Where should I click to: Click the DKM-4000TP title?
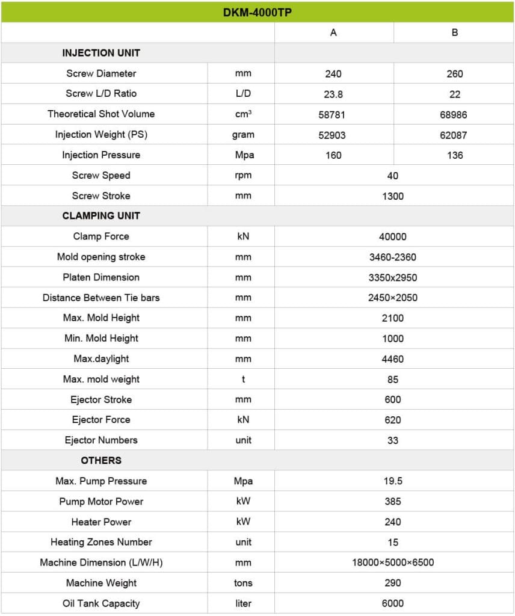click(257, 12)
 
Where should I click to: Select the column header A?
click(333, 32)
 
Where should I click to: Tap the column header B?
click(455, 32)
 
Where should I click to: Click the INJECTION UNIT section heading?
click(101, 53)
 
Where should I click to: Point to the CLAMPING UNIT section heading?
click(101, 216)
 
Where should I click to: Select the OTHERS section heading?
click(101, 461)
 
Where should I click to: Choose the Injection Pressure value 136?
click(455, 155)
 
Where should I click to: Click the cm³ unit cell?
click(243, 114)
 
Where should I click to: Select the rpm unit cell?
click(243, 176)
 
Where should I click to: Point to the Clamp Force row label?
click(101, 236)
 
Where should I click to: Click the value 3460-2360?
click(393, 257)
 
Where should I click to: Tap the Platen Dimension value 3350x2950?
click(393, 278)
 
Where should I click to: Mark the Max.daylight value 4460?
click(393, 359)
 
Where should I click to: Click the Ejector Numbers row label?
click(101, 440)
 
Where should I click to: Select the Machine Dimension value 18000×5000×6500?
click(393, 562)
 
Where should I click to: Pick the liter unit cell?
click(243, 603)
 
